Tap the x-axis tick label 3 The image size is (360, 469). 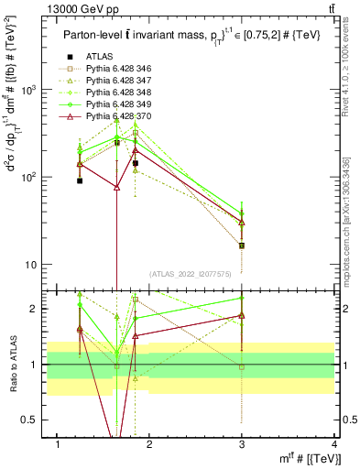click(x=242, y=445)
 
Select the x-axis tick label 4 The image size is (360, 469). click(x=334, y=445)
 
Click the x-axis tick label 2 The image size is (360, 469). click(x=149, y=445)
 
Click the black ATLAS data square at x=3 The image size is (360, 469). click(x=242, y=245)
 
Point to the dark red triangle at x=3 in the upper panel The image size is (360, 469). click(x=242, y=222)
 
